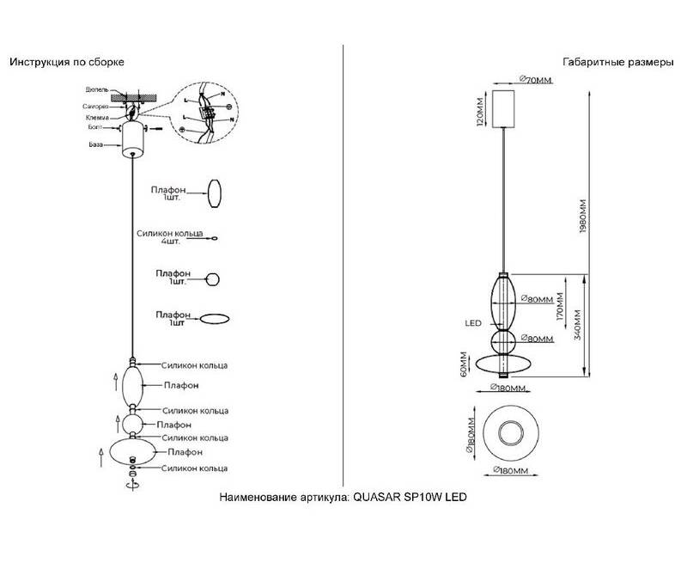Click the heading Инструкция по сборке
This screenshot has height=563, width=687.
tap(67, 63)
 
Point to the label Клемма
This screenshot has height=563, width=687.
tap(96, 117)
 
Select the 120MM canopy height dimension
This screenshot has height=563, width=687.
tap(480, 109)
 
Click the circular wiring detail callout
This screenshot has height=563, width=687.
tap(204, 110)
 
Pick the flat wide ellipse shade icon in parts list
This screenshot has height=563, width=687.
tap(215, 318)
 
